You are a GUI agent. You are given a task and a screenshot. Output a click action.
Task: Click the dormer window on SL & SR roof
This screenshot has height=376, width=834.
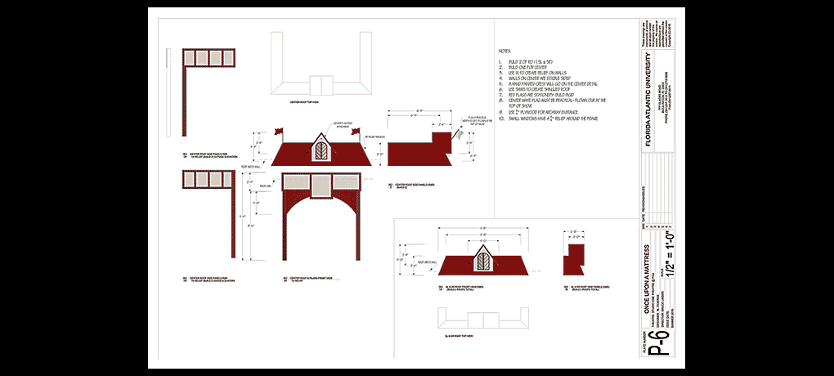[x=484, y=260]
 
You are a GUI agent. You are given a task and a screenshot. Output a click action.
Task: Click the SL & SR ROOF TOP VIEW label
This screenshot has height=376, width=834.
[x=460, y=336]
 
